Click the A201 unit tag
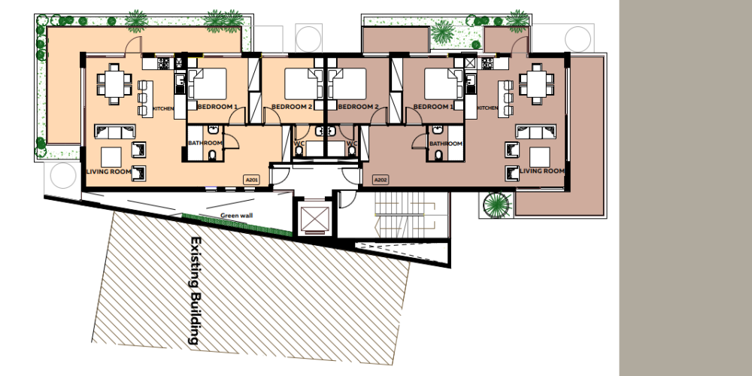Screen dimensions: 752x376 pos(252,180)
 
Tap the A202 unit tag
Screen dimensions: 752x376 pos(381,180)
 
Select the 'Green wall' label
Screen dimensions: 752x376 pos(236,215)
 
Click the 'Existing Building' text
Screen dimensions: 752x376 pos(196,290)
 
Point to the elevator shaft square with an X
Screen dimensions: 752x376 pos(314,219)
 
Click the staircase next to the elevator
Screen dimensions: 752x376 pos(406,215)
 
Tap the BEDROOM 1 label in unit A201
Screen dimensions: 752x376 pos(217,107)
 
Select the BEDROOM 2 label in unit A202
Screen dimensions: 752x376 pos(358,107)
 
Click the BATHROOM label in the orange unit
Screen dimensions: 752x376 pos(205,143)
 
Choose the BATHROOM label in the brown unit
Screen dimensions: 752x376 pos(445,144)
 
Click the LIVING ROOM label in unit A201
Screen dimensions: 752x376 pos(108,171)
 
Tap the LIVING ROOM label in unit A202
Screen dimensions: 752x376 pos(542,171)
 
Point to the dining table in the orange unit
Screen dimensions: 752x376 pos(114,84)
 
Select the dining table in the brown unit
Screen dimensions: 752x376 pos(537,84)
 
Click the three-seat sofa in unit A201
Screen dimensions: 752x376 pos(114,132)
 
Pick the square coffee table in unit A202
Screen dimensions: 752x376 pos(539,157)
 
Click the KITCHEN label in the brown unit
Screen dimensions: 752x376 pos(488,108)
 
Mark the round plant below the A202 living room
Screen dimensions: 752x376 pos(496,205)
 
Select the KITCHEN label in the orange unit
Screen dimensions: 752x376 pos(163,109)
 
